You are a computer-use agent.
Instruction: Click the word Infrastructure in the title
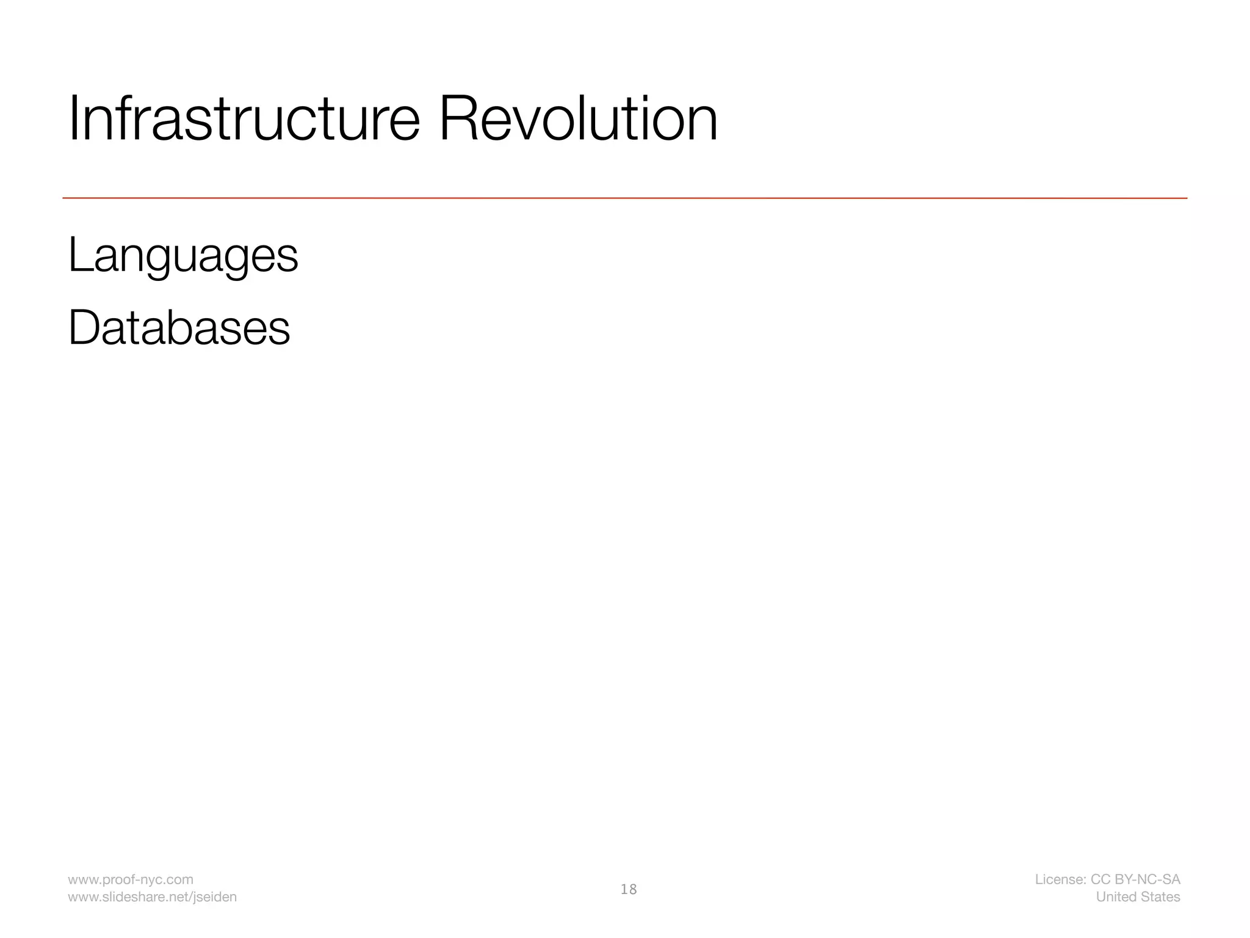coord(244,119)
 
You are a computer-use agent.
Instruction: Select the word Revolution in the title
coord(577,119)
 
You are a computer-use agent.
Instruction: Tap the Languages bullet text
coord(182,256)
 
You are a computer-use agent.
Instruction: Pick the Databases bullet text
coord(179,328)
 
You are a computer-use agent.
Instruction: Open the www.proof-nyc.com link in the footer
coord(130,879)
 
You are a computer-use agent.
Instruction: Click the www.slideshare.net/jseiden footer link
coord(152,896)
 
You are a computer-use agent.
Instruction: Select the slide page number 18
coord(628,889)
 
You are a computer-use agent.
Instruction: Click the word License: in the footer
coord(1060,879)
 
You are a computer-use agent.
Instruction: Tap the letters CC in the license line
coord(1100,879)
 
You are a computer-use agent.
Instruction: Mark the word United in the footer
coord(1114,896)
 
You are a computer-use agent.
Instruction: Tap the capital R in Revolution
coord(456,119)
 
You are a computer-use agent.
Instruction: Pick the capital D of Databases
coord(82,328)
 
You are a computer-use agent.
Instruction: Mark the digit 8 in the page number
coord(632,889)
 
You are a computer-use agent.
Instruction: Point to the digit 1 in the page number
coord(624,889)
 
